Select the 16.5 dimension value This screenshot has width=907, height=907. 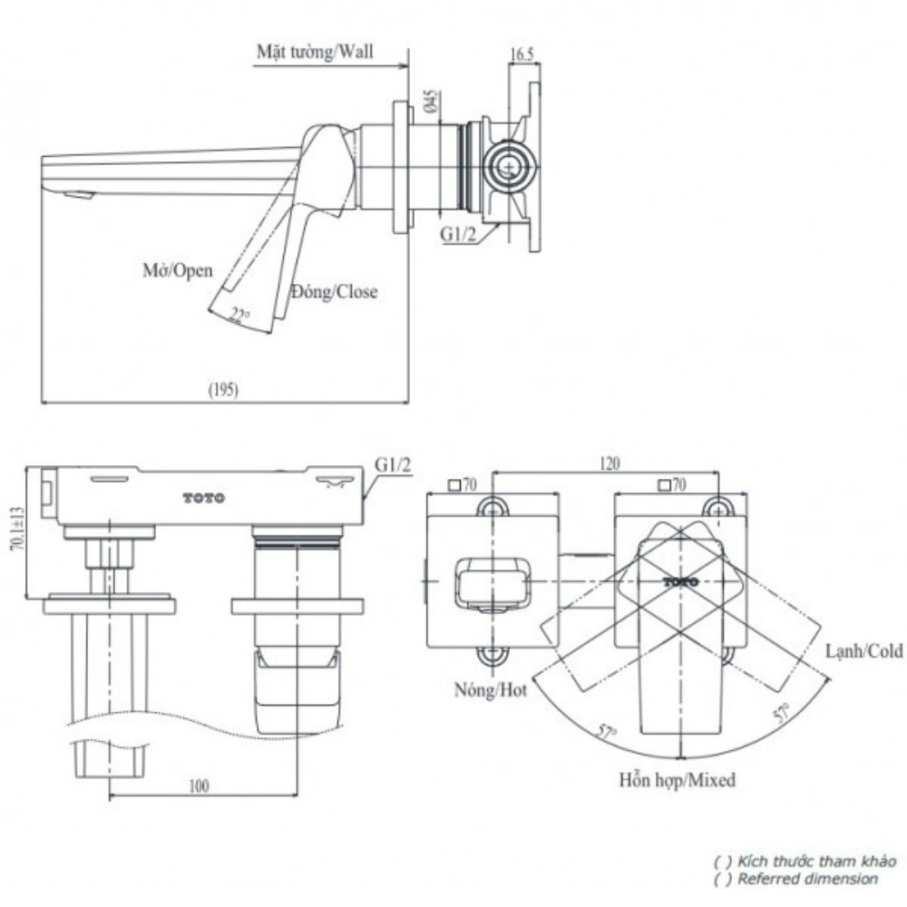(521, 54)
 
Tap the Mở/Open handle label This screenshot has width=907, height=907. (177, 269)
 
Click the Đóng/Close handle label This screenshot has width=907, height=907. (334, 292)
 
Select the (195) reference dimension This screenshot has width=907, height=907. (222, 389)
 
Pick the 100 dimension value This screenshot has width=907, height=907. (200, 786)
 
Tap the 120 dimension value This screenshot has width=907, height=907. (609, 463)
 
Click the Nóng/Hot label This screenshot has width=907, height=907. (491, 690)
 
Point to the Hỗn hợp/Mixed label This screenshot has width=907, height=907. (678, 779)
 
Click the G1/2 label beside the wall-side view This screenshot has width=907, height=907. (458, 234)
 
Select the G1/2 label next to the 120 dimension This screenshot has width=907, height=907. (393, 464)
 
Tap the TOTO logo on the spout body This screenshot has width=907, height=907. (204, 498)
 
